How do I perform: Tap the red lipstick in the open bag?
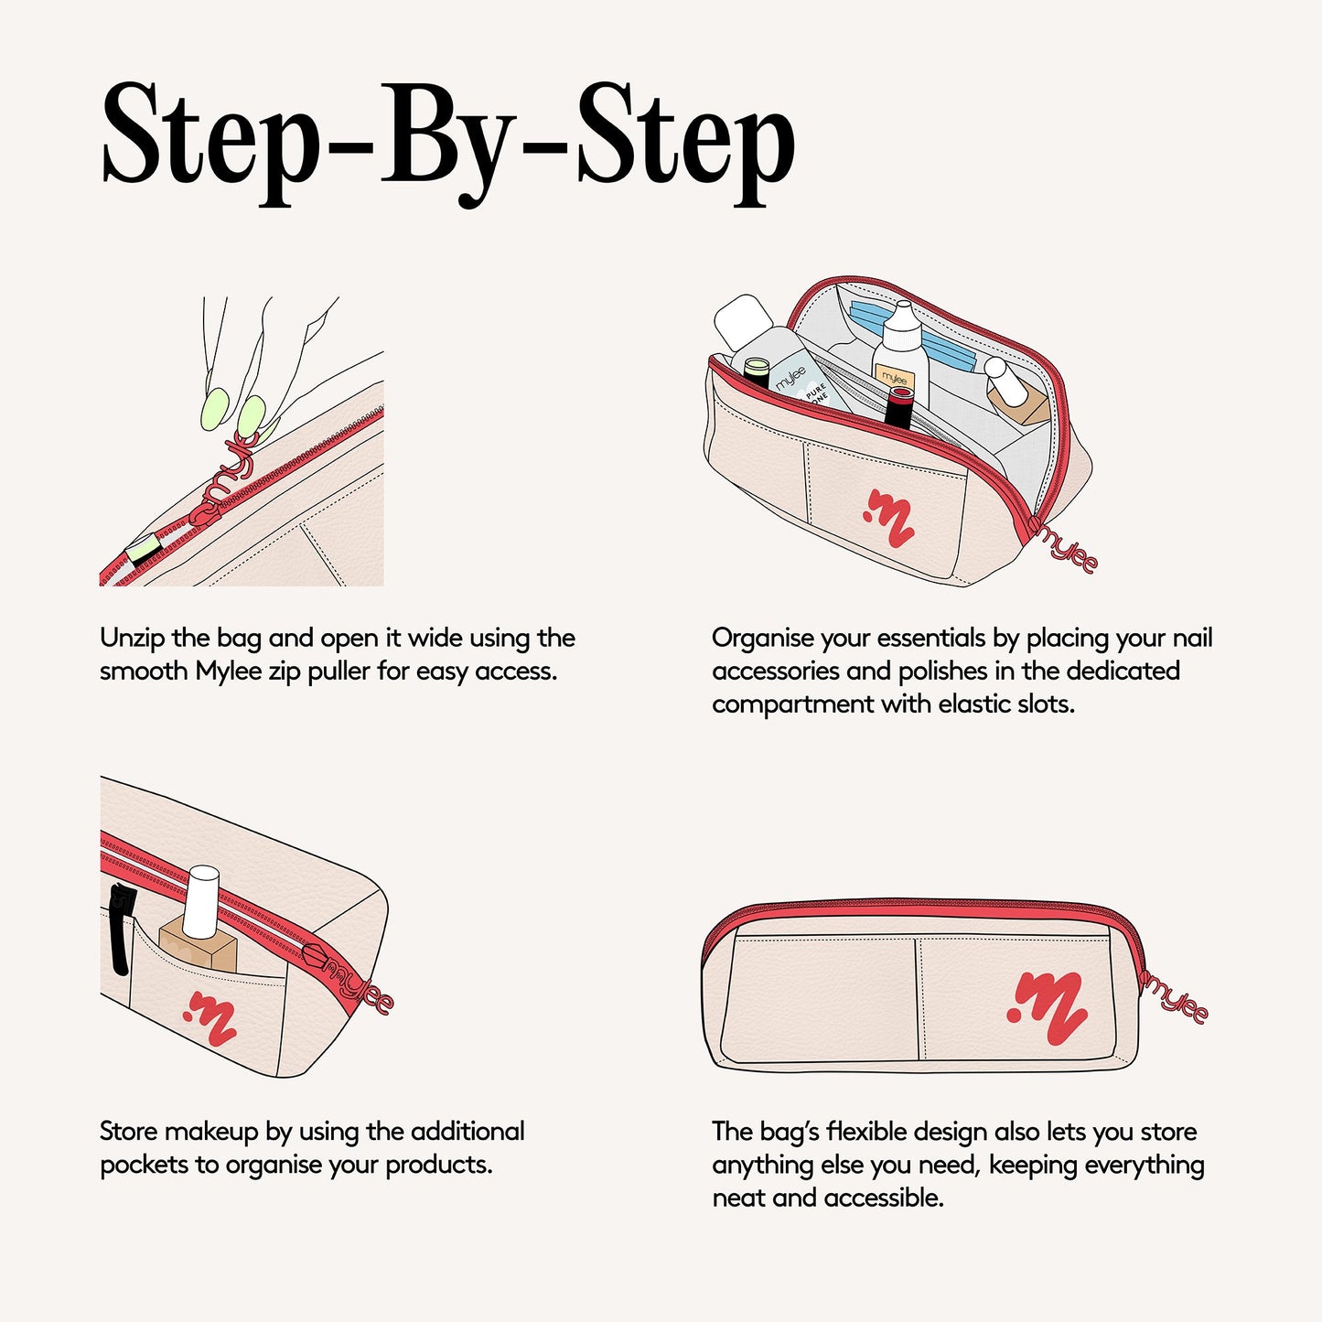pyautogui.click(x=898, y=408)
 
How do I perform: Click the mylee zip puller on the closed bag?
pyautogui.click(x=1174, y=1002)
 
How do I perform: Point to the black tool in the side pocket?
pyautogui.click(x=122, y=929)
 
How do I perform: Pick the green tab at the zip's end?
pyautogui.click(x=144, y=549)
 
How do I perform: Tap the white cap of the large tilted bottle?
pyautogui.click(x=745, y=322)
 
